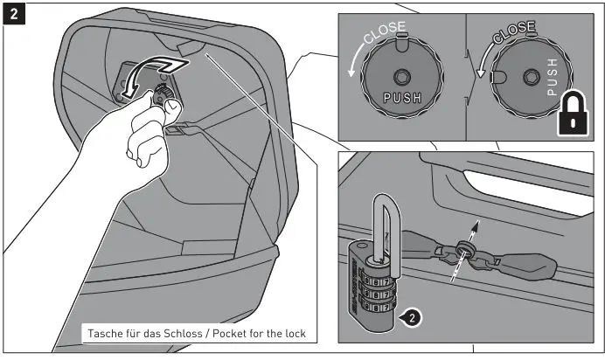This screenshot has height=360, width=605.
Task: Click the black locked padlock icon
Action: [571, 113]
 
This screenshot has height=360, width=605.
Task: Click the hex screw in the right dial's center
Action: [529, 78]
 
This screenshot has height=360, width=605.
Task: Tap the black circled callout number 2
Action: [412, 317]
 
